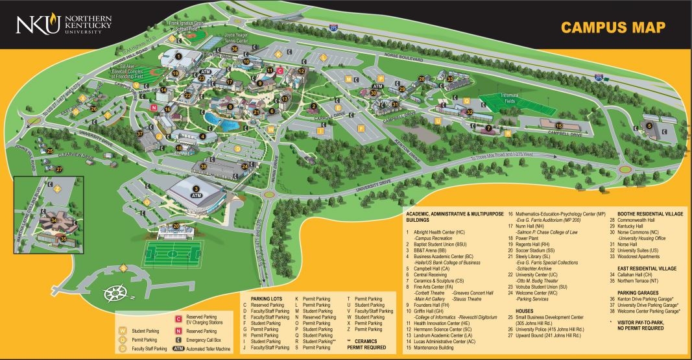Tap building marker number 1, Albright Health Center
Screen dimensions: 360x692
(178, 57)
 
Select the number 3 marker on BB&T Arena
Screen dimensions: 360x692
(195, 189)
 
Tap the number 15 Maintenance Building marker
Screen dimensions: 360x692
(559, 125)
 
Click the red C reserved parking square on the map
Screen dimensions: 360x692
(280, 71)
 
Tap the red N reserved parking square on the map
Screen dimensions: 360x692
(154, 107)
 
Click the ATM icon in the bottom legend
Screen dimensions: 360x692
(178, 348)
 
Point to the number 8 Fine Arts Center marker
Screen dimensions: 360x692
(230, 107)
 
